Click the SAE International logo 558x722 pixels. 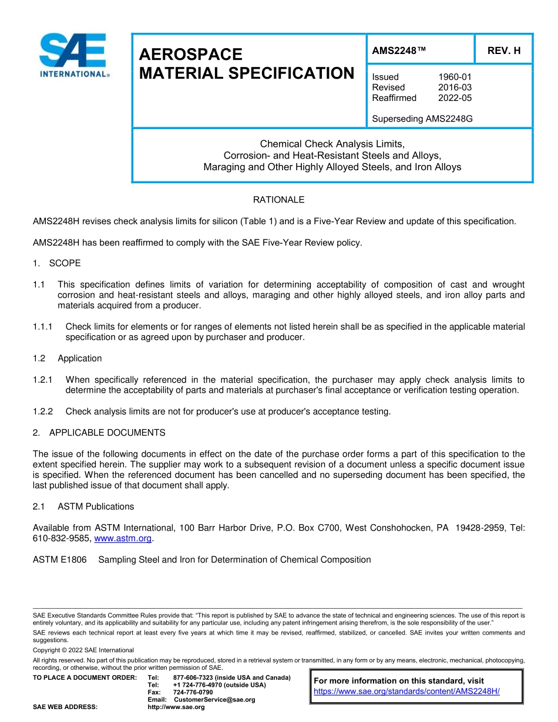[73, 56]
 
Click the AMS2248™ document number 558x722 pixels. [399, 50]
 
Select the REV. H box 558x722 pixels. [503, 50]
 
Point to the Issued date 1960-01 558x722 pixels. [455, 77]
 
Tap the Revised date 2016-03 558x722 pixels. [455, 87]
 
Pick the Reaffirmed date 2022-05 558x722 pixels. [455, 98]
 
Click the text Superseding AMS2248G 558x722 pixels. [422, 119]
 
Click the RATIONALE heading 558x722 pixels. [278, 200]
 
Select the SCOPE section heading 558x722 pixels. [65, 263]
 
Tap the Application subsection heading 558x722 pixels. [79, 359]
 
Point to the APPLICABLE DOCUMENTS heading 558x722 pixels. [107, 433]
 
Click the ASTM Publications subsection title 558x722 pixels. [96, 507]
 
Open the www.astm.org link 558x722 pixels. [123, 538]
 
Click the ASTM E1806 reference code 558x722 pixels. [59, 560]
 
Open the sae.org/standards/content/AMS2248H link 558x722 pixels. [406, 691]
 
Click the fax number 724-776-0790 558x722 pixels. [193, 693]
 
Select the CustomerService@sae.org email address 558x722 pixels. [214, 700]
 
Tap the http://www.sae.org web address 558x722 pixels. [176, 707]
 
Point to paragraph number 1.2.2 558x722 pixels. [43, 411]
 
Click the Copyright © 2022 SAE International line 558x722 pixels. [83, 650]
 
